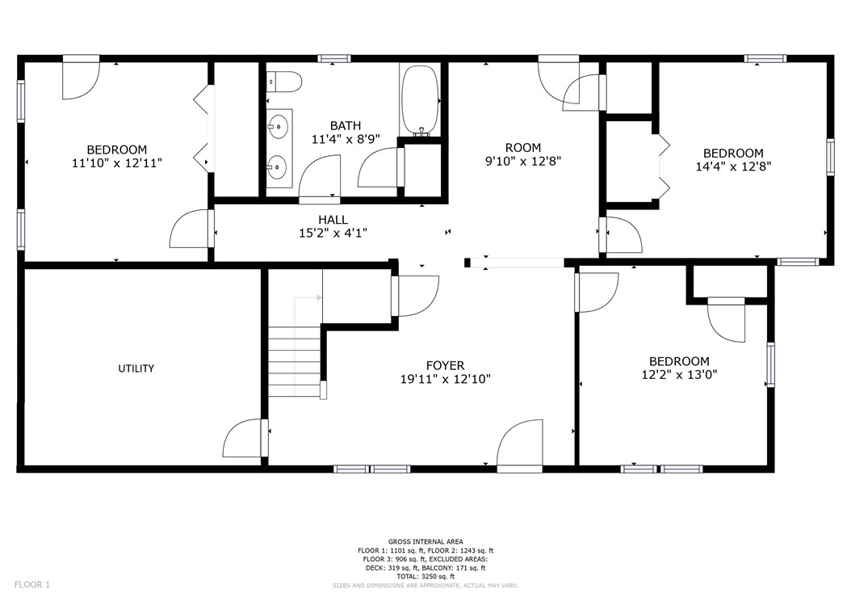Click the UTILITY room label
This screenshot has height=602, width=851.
pos(136,368)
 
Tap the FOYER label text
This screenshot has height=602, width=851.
pos(445,366)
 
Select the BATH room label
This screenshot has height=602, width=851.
pos(346,125)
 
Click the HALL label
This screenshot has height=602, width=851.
pos(333,220)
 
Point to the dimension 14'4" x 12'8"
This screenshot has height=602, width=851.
pos(733,166)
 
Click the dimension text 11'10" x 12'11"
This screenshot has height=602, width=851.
pos(117,162)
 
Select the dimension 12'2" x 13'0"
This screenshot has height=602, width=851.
pos(679,374)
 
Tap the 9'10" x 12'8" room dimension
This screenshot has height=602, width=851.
pos(522,161)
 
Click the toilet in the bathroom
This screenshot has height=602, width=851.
pos(284,82)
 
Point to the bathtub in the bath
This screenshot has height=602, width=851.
pos(420,101)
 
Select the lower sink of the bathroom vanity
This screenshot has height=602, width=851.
pos(277,166)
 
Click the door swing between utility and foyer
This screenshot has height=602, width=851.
pos(242,438)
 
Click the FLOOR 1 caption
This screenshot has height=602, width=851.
pos(32,584)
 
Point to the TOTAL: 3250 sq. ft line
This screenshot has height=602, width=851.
pos(425,576)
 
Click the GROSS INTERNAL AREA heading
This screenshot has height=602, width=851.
pos(425,541)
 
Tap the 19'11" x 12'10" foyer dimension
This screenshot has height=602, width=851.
pos(446,379)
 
